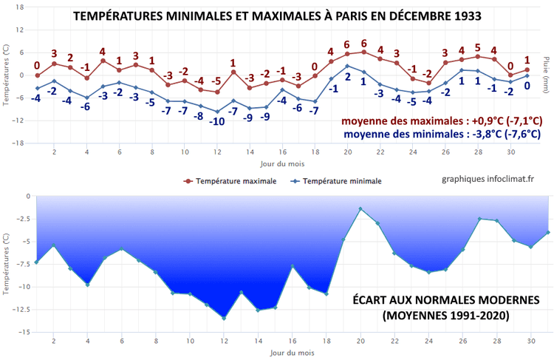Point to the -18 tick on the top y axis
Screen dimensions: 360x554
pyautogui.click(x=18, y=143)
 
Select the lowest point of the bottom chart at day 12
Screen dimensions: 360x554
pyautogui.click(x=223, y=319)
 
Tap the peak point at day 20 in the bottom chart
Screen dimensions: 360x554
pyautogui.click(x=360, y=209)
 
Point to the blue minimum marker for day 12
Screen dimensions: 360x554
pyautogui.click(x=217, y=112)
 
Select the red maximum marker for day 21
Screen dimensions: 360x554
pyautogui.click(x=363, y=52)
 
